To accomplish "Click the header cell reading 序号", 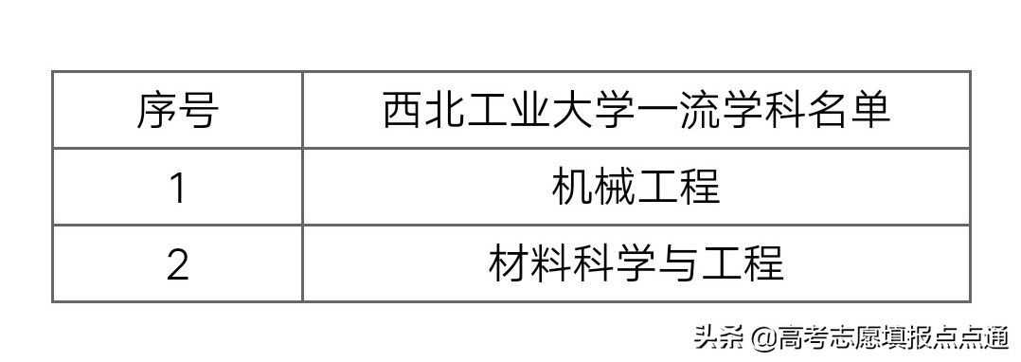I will (x=177, y=111).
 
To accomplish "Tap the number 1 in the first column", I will (x=177, y=188).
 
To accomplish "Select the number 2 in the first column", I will (x=177, y=264).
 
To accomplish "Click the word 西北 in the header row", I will (x=424, y=111).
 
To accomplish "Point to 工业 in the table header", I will (x=510, y=111).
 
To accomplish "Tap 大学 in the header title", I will (x=594, y=111).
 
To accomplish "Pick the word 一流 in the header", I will (x=678, y=111).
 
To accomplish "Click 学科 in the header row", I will (x=763, y=111).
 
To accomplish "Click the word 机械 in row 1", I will (x=594, y=188).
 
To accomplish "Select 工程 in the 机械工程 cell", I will (x=678, y=188).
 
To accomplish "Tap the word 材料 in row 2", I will (x=530, y=264).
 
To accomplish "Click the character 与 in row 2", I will (x=678, y=264).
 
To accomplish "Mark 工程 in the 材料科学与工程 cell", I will (x=742, y=264).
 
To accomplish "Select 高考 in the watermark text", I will (x=801, y=337).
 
